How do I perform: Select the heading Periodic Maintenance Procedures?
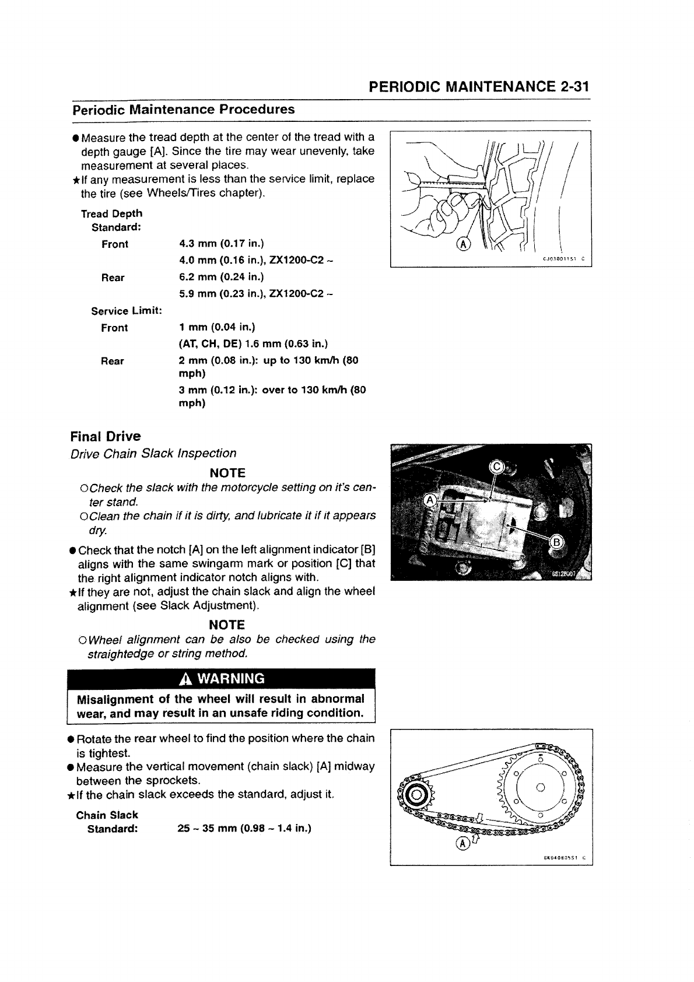(x=183, y=110)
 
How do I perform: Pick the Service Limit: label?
(x=126, y=311)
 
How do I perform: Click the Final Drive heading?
(x=105, y=436)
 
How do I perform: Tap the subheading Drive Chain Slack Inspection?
(x=153, y=453)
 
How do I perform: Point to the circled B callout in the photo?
(x=556, y=543)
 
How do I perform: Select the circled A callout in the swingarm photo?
(x=430, y=500)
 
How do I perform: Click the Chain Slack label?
(x=107, y=815)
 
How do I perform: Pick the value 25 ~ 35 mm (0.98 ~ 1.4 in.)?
(x=244, y=829)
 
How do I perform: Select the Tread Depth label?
(x=111, y=213)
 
